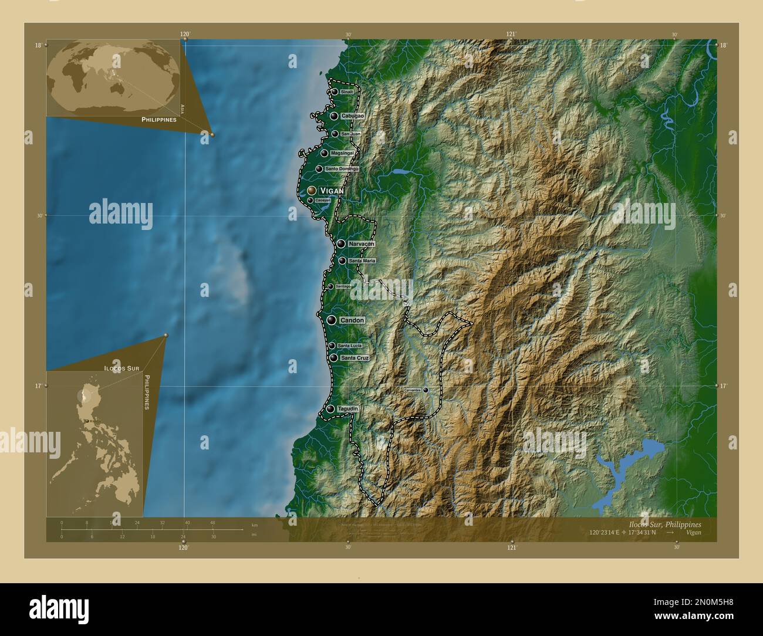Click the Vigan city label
click(x=332, y=191)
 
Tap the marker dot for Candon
click(x=332, y=320)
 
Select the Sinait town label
click(x=347, y=92)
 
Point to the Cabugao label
click(x=352, y=116)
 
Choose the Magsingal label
click(x=342, y=153)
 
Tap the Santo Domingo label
click(x=342, y=169)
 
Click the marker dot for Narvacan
click(x=341, y=243)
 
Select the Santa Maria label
click(x=362, y=261)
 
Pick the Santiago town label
click(x=343, y=286)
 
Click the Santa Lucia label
click(x=349, y=346)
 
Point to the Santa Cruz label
click(x=355, y=358)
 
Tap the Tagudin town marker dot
click(x=331, y=409)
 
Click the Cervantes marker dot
click(x=426, y=390)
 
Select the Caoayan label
click(x=323, y=200)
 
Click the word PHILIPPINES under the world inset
click(x=159, y=119)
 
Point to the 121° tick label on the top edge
click(x=511, y=34)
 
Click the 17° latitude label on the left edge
click(x=38, y=386)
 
